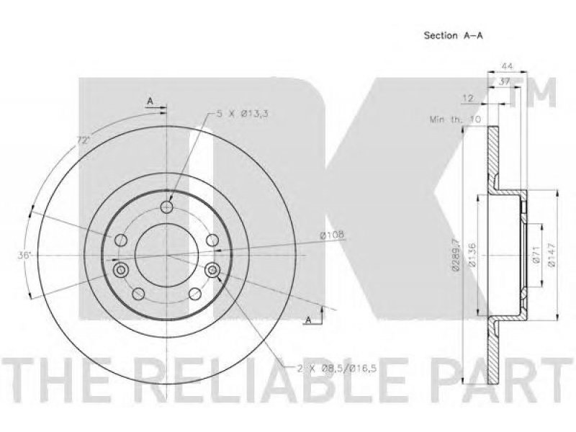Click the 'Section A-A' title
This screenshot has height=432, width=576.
pos(454,35)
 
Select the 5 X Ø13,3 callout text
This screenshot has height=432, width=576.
pos(242,114)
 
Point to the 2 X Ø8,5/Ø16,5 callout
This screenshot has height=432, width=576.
pos(337,368)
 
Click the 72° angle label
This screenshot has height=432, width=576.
pos(83,140)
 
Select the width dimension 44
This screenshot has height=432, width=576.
pos(507,66)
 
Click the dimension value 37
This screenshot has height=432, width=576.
pos(505,82)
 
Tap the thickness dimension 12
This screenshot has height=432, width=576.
pos(468,99)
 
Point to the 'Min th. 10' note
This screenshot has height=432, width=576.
pos(455,120)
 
